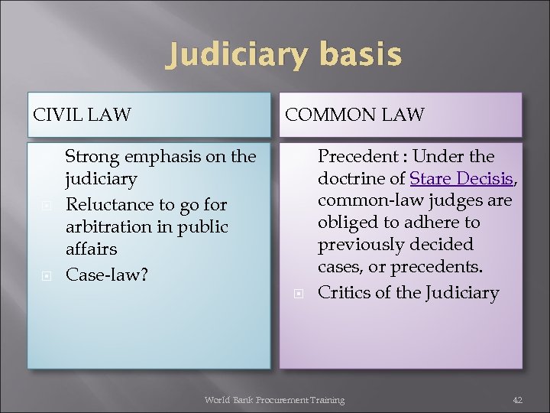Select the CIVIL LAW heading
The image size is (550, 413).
82,115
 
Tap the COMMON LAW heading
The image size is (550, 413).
354,115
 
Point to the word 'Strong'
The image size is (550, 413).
91,157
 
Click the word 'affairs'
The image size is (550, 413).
92,249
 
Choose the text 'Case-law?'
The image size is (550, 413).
106,273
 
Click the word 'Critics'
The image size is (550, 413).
344,292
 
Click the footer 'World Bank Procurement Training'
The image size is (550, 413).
274,400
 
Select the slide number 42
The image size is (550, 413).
517,400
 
